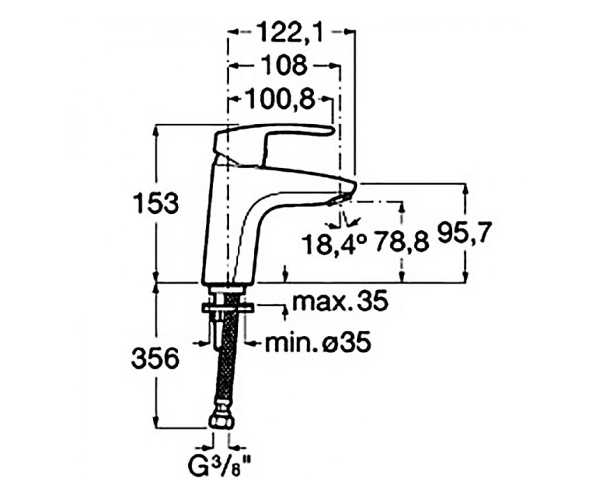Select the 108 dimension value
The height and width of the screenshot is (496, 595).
pyautogui.click(x=285, y=65)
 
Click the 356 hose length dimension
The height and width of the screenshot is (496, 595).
pyautogui.click(x=156, y=359)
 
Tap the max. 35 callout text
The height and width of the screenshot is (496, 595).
pyautogui.click(x=340, y=301)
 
